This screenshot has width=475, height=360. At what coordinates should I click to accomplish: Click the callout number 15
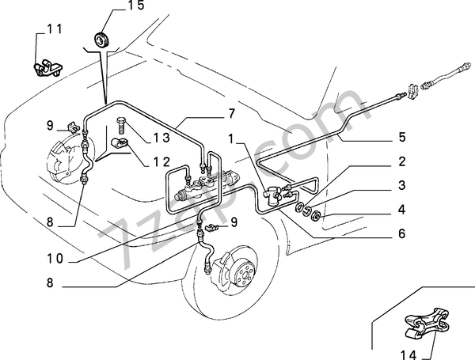pos(135,6)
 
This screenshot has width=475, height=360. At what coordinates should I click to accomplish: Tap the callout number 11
pos(54,29)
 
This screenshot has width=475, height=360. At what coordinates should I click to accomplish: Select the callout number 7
pos(231,114)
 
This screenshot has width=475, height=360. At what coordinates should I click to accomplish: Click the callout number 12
pos(161,162)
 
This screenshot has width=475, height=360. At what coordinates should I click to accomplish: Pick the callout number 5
pos(401,137)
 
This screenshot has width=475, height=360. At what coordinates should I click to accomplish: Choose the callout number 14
pos(408,354)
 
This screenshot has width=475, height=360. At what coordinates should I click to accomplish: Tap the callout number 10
pos(55,259)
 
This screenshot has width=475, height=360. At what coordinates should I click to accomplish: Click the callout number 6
pos(401,233)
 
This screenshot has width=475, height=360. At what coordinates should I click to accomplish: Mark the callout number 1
pos(231,139)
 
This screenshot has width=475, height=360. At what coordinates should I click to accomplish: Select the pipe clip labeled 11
pos(47,68)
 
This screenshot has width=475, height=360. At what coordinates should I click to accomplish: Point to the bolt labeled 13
pos(120,125)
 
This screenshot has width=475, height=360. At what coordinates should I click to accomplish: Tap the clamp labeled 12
pos(120,142)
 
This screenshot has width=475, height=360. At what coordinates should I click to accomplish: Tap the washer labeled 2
pos(299,207)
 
